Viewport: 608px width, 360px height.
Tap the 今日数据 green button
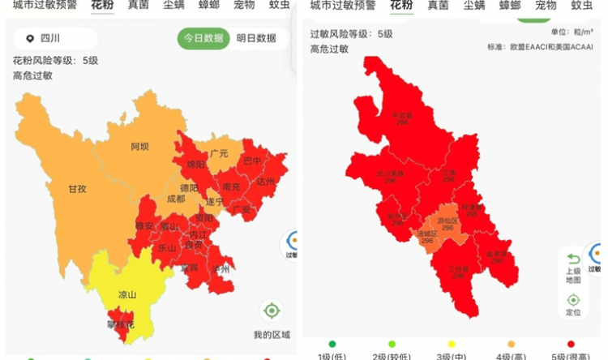coord(203,38)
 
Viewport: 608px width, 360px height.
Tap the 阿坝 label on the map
coord(139,148)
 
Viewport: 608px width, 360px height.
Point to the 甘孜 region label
coord(77,189)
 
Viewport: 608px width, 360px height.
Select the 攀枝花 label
coord(122,324)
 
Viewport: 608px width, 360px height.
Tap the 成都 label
coord(175,199)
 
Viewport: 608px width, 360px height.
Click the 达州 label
coord(266,182)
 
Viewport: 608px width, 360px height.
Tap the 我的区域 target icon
coord(272,311)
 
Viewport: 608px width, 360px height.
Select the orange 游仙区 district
coord(447,223)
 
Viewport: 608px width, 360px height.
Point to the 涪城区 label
coord(427,236)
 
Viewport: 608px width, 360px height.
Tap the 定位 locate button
coord(573,304)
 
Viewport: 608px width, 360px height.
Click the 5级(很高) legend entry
coord(572,354)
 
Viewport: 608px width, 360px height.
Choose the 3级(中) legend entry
coord(452,354)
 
